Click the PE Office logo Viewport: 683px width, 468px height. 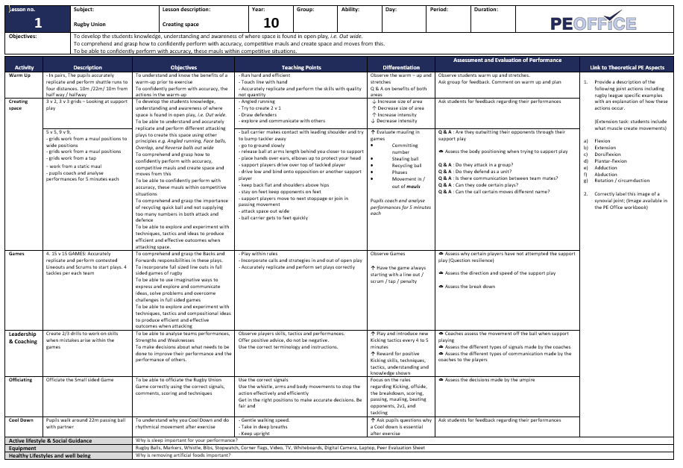click(594, 22)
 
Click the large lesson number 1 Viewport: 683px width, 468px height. click(38, 22)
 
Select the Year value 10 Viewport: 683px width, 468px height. click(271, 23)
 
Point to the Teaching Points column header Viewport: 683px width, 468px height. click(301, 67)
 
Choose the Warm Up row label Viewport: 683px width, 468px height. click(19, 75)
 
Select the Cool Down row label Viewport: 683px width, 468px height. click(22, 420)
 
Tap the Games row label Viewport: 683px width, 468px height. click(16, 254)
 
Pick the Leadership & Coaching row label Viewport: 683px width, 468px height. click(23, 337)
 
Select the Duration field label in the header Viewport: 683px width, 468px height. click(486, 10)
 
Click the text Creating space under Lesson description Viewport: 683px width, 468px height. click(181, 25)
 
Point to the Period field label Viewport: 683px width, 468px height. click(439, 10)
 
